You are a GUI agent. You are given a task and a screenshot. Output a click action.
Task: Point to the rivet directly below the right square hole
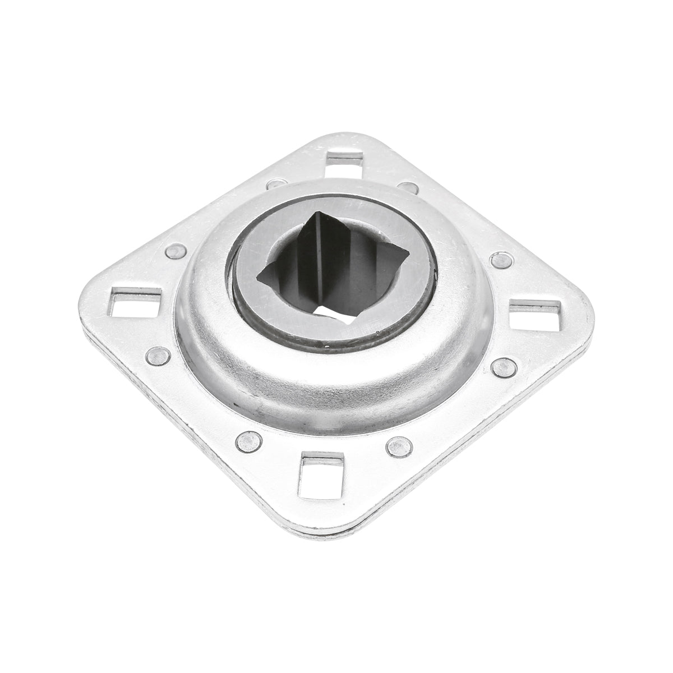[504, 367]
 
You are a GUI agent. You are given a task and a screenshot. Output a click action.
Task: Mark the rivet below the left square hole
[158, 355]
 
